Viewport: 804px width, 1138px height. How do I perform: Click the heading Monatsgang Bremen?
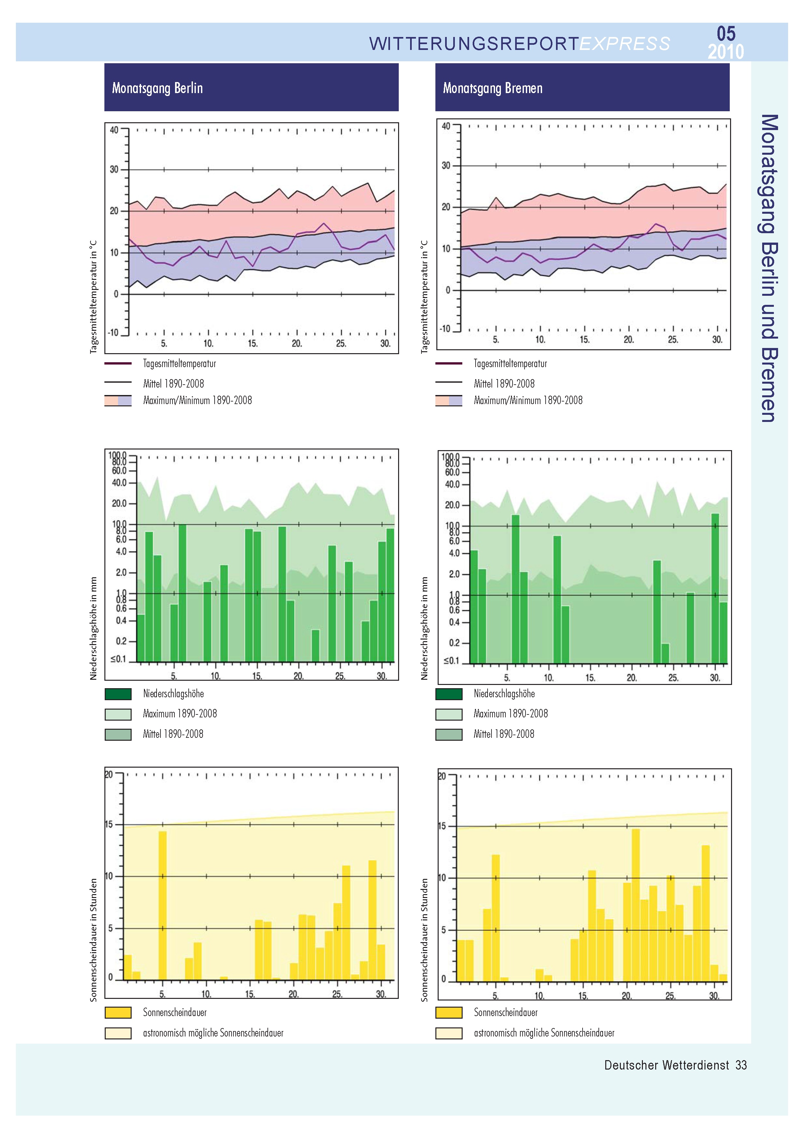[x=492, y=88]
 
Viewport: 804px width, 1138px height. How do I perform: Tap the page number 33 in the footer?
[x=741, y=1065]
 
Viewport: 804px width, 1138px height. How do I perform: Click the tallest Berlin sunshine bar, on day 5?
[x=162, y=905]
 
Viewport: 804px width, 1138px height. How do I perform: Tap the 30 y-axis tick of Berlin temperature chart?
[x=114, y=170]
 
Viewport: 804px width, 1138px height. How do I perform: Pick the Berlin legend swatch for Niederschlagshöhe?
[x=118, y=694]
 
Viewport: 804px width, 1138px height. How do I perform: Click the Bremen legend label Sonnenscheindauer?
[x=505, y=1012]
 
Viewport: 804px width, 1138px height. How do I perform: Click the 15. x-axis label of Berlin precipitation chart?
[x=257, y=676]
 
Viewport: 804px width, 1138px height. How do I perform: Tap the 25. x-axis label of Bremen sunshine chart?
[x=670, y=995]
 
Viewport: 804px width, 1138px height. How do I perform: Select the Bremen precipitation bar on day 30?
[x=715, y=588]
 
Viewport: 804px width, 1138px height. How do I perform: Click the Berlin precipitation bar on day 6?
[x=182, y=593]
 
